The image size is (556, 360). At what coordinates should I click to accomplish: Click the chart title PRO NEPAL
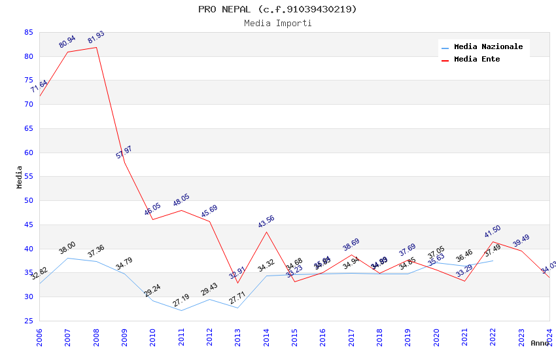tap(277, 9)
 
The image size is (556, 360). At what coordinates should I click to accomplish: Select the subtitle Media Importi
tap(277, 24)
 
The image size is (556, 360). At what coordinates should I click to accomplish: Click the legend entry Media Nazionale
tap(488, 47)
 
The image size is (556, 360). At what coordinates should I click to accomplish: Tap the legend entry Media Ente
tap(477, 60)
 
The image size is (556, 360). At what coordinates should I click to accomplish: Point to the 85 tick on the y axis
tap(28, 32)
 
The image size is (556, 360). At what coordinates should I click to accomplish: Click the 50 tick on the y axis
tap(28, 201)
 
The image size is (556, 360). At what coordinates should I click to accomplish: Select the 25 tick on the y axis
tap(28, 321)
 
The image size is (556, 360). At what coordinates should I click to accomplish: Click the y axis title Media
tap(20, 177)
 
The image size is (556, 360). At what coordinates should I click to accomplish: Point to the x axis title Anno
tap(540, 343)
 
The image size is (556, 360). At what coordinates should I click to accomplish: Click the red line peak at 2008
tap(96, 47)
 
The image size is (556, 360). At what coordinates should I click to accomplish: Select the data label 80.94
tap(67, 42)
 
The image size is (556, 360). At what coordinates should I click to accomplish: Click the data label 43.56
tap(266, 222)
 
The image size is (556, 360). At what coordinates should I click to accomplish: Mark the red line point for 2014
tap(266, 232)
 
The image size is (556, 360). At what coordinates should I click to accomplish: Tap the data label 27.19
tap(181, 300)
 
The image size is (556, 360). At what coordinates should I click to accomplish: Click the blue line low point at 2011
tap(181, 310)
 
